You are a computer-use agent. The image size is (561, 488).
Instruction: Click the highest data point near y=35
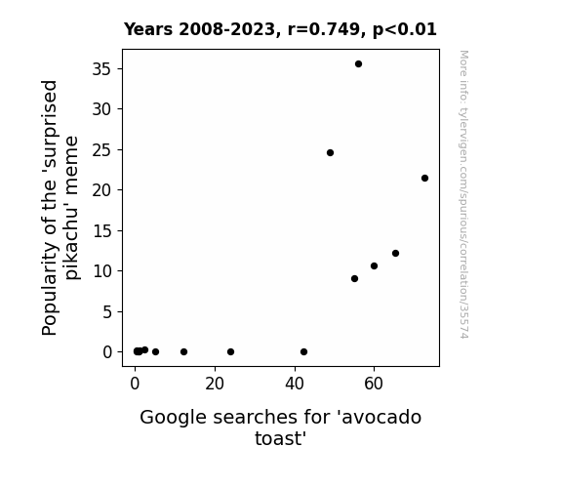(358, 64)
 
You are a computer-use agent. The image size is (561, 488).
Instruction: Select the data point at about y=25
(330, 153)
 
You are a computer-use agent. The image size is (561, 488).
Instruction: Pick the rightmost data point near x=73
(424, 179)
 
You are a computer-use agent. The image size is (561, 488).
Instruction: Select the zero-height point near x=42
(303, 352)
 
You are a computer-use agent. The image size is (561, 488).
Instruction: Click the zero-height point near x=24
(231, 352)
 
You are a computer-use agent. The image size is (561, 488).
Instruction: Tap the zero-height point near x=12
(183, 352)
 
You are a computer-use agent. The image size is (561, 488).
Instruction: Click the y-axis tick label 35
(102, 68)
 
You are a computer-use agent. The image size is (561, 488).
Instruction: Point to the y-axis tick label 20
(102, 189)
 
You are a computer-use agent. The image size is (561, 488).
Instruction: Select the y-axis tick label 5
(107, 312)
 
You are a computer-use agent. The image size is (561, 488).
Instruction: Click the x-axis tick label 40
(295, 384)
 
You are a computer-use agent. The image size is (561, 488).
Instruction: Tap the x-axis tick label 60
(374, 384)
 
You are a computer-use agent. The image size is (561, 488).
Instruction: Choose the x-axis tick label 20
(215, 384)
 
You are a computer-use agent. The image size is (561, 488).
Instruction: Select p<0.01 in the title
(405, 30)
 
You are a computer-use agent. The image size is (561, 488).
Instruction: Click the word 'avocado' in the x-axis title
(381, 418)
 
